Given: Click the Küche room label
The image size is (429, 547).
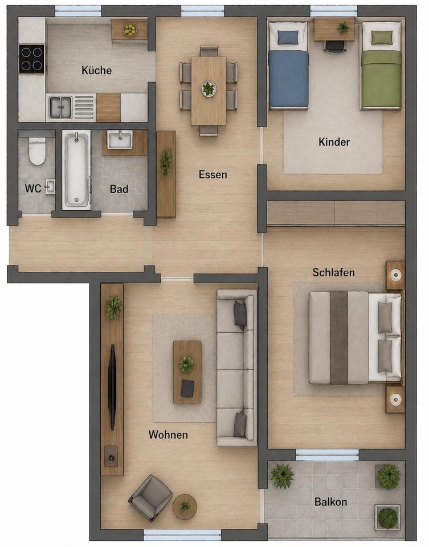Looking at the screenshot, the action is pos(97,70).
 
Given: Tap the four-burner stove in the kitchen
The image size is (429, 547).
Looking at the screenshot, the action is pos(32,59).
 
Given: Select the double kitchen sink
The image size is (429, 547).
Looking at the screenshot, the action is pos(60,107).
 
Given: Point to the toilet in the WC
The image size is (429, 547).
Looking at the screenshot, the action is pos(37,152).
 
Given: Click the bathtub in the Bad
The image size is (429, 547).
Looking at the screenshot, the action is pos(77,170).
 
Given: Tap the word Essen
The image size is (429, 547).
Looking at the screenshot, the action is pos(213,174).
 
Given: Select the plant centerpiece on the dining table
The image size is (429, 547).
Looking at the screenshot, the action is pos(209,89).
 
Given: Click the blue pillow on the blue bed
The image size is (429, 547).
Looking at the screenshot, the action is pos(288,38).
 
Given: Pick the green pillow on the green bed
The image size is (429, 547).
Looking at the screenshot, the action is pos(381,38).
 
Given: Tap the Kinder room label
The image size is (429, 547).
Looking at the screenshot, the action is pos(334,142).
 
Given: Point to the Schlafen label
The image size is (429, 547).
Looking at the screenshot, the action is pos(333,272).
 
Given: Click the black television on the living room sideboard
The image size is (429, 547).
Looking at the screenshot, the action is pos(112,387).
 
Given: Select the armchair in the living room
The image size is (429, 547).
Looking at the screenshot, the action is pos(150,497).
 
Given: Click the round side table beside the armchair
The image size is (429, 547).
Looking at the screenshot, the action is pos(185,506).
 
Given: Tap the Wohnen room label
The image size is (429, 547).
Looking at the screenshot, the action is pos(168,435).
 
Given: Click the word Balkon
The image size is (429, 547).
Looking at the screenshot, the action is pos(330,502).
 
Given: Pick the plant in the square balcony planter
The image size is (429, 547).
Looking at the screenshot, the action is pos(387,518).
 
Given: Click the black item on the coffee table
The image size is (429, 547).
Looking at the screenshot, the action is pos(187,388).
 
